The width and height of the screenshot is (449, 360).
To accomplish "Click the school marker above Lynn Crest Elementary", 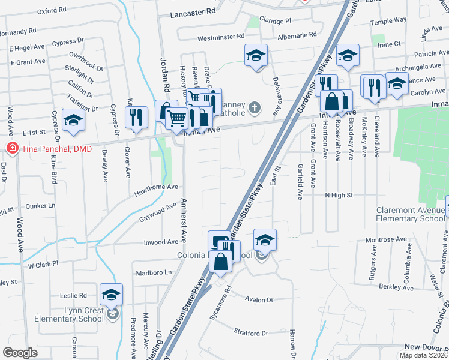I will pos(111,295).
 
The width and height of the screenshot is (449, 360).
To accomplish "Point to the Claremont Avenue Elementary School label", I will pos(411,214).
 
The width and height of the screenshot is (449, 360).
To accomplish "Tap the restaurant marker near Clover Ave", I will pos(136,118).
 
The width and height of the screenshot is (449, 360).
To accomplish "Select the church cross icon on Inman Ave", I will pos(255,108).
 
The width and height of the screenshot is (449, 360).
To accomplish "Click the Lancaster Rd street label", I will pos(192,12).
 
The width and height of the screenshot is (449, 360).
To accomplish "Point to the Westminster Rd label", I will pos(220,37).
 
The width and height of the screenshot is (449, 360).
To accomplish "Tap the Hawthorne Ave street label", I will pos(157,187).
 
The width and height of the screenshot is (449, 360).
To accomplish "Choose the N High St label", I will pos(339,195).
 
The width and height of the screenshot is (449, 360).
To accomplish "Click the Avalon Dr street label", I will pos(258,299).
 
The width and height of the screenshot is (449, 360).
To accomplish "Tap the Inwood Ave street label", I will pos(161,242).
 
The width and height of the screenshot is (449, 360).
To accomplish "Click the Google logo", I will pos(20,352).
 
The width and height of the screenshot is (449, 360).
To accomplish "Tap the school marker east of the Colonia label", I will pos(265,240).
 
